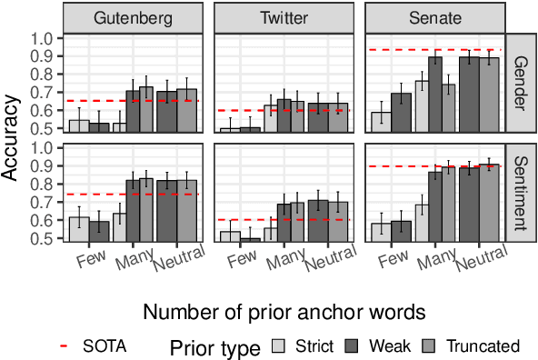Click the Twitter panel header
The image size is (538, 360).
tap(283, 18)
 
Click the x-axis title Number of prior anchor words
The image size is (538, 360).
tap(283, 312)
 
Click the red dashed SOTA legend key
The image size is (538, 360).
tap(64, 345)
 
